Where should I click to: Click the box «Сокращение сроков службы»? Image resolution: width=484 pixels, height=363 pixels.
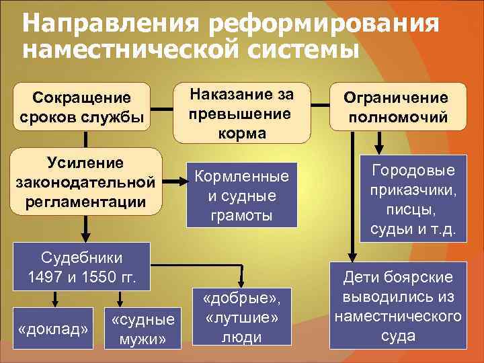point(82,106)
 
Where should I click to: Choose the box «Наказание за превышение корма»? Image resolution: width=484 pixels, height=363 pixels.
point(241,112)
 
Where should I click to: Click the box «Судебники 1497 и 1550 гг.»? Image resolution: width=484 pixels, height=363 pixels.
point(81,266)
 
